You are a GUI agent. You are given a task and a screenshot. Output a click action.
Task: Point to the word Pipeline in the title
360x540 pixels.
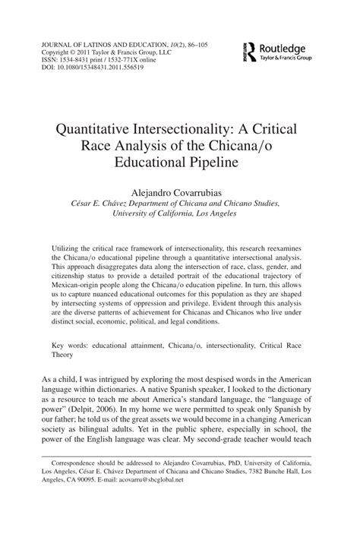(x=216, y=163)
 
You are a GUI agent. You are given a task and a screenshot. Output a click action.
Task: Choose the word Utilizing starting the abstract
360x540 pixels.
(x=69, y=248)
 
